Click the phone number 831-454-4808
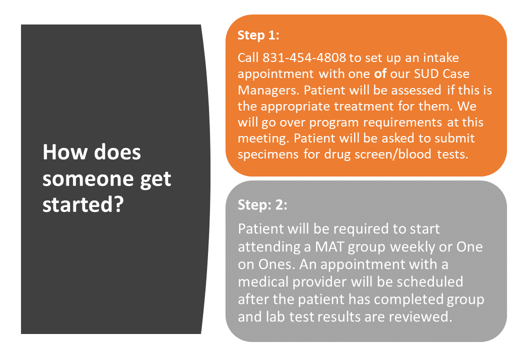tap(304, 57)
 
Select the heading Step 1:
tap(258, 35)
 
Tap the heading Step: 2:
tap(262, 205)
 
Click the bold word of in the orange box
tap(380, 73)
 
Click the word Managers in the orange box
tap(268, 90)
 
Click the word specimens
tap(268, 154)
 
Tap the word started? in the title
tap(83, 204)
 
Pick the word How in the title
tap(65, 152)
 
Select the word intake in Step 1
tap(441, 57)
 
